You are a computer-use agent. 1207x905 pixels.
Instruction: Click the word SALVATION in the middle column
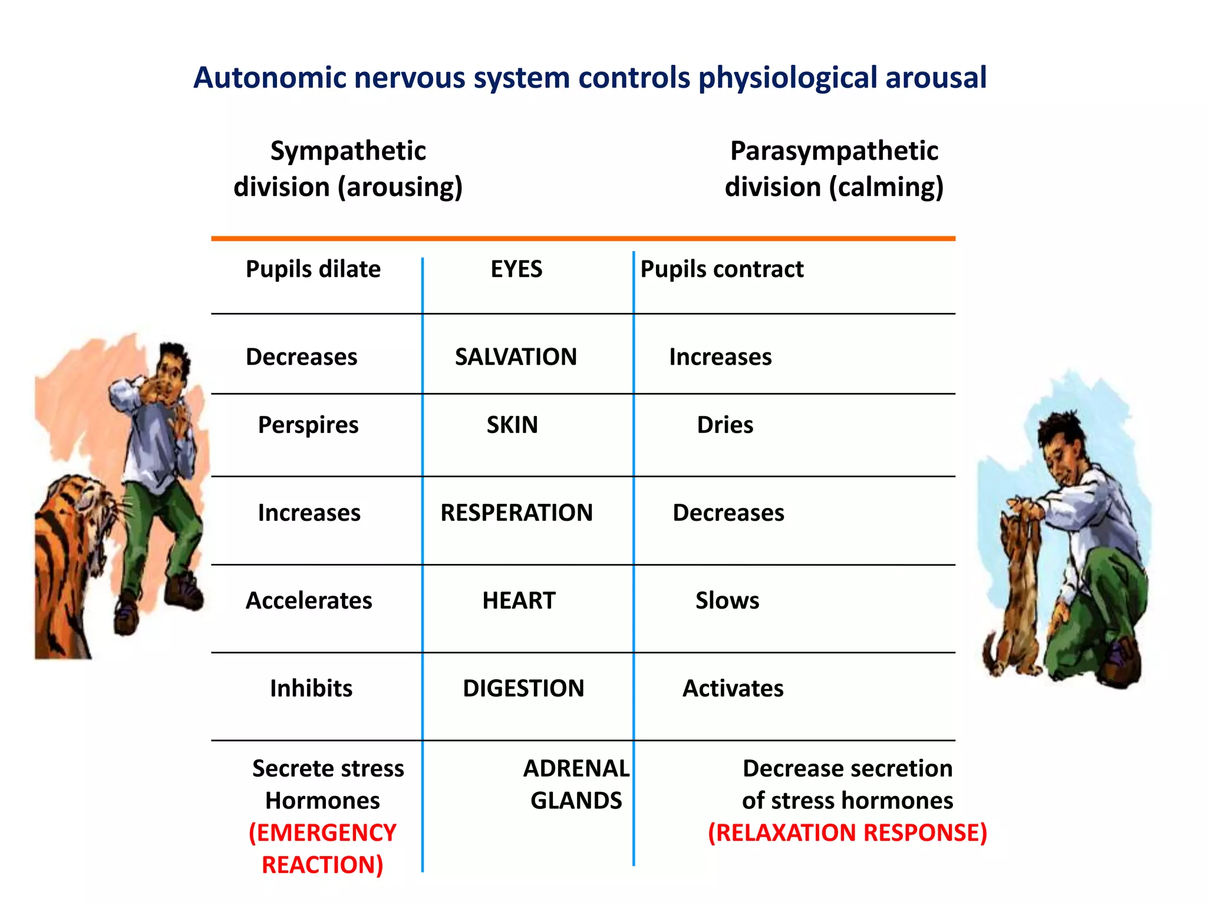(x=516, y=357)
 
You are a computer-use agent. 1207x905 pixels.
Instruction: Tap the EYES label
(x=516, y=269)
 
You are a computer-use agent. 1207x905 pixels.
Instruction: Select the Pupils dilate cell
(x=313, y=269)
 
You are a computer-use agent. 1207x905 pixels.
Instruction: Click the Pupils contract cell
(x=721, y=269)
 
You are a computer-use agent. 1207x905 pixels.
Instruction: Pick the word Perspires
(x=308, y=425)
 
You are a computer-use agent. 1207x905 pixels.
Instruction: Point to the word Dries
(x=725, y=425)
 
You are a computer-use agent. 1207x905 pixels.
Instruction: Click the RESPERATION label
(x=516, y=513)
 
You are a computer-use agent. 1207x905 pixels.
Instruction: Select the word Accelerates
(x=309, y=600)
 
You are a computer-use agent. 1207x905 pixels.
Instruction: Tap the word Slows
(x=727, y=600)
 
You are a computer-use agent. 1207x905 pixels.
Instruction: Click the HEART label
(x=519, y=600)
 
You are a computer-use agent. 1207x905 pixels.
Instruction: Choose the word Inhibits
(x=311, y=688)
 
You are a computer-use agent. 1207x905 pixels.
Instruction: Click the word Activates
(x=733, y=688)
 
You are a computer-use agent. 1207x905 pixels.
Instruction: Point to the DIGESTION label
(x=523, y=688)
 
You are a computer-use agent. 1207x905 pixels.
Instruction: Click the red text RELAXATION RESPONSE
(x=847, y=833)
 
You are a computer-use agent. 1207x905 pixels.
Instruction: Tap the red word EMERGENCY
(x=322, y=833)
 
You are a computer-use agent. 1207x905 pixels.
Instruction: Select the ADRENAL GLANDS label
(x=576, y=784)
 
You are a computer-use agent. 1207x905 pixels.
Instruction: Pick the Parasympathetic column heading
(x=834, y=151)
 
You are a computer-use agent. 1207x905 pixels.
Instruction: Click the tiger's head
(x=88, y=507)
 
